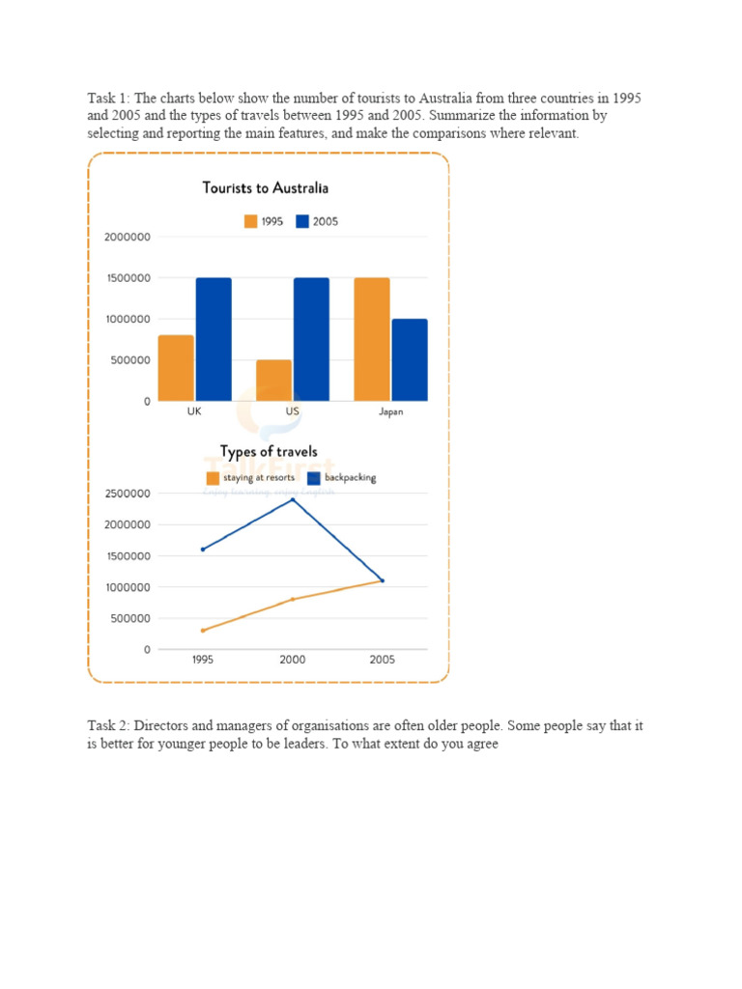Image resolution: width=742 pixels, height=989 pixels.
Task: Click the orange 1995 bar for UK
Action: click(x=176, y=368)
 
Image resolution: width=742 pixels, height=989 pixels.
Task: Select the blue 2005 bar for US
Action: click(x=312, y=339)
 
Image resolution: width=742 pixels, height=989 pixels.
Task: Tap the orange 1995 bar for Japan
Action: click(x=372, y=339)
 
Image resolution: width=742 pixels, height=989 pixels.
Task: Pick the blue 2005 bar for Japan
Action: click(x=410, y=360)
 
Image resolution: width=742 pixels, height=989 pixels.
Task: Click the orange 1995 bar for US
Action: click(x=273, y=381)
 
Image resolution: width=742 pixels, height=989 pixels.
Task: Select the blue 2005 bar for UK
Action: click(x=214, y=339)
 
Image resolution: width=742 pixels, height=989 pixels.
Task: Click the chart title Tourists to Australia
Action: click(x=266, y=188)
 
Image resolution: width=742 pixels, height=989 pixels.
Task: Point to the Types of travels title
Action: click(x=269, y=452)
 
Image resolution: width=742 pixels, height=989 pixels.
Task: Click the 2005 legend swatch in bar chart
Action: click(x=302, y=221)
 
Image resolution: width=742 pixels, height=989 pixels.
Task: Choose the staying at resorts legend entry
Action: click(x=250, y=478)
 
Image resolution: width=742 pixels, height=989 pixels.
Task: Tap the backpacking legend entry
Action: click(x=342, y=478)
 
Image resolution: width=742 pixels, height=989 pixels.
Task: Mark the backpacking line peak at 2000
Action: click(x=293, y=499)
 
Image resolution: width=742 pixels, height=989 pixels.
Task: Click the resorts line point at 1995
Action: click(x=203, y=630)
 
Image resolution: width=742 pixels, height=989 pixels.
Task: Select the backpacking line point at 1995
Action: click(x=203, y=550)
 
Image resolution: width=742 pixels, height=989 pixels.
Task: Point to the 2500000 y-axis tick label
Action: click(x=128, y=494)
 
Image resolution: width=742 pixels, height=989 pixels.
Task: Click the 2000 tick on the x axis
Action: click(x=293, y=660)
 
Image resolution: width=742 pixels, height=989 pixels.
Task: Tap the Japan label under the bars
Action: click(x=390, y=411)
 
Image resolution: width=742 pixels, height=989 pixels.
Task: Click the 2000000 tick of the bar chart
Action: click(x=128, y=238)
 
